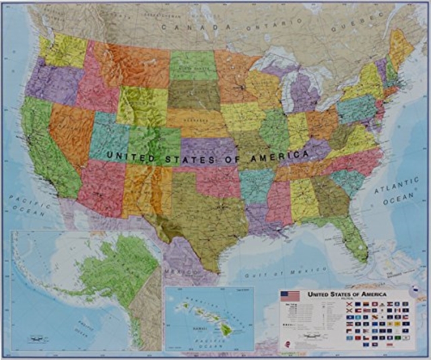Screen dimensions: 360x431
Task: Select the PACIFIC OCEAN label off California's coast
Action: [27, 206]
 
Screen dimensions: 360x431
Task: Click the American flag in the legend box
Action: [290, 295]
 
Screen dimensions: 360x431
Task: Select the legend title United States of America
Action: [347, 295]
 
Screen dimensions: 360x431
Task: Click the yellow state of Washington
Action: [64, 50]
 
